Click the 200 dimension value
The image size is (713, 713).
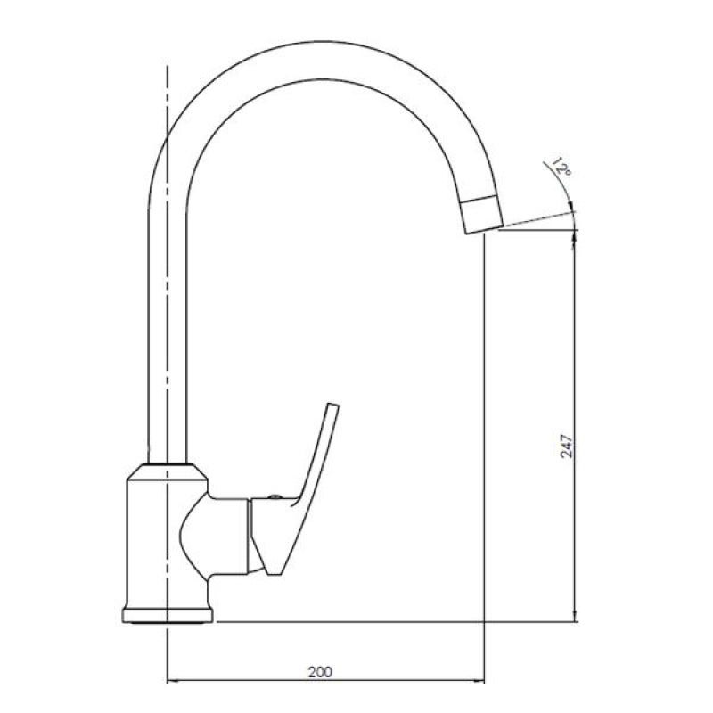(x=320, y=671)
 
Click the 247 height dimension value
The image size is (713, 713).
(x=567, y=446)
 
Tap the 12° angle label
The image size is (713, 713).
(x=561, y=167)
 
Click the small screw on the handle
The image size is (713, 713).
(x=275, y=497)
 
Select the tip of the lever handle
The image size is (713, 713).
(x=333, y=405)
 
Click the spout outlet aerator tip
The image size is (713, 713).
(x=482, y=215)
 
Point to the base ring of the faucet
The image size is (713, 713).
(x=168, y=615)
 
